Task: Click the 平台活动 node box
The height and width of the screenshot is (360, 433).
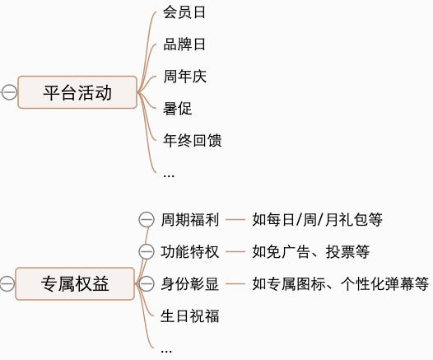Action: coord(77,92)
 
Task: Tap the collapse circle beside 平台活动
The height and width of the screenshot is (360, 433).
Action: coord(9,92)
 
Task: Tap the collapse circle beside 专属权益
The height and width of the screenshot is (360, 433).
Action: coord(7,284)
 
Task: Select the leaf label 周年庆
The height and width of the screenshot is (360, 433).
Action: coord(184,77)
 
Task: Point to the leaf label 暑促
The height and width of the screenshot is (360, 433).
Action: coord(177,109)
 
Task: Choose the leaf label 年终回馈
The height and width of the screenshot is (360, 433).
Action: coord(192,141)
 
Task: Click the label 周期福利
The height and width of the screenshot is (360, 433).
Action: coord(189,219)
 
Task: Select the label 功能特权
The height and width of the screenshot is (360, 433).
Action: coord(189,251)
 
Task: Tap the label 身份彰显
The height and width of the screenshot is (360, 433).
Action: coord(189,284)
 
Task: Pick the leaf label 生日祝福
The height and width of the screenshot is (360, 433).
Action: coord(189,316)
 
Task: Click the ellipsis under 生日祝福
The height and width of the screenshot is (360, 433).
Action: coord(167,349)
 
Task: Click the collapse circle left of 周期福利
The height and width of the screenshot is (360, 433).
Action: coord(147,219)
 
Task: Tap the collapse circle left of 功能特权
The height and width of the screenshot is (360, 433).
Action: coord(147,251)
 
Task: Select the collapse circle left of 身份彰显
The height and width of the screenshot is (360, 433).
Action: coord(147,284)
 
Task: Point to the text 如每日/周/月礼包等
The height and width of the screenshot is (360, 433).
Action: coord(317,219)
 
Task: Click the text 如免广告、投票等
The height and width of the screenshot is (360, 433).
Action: coord(310,251)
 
